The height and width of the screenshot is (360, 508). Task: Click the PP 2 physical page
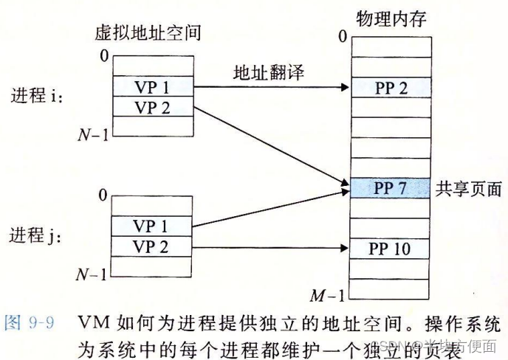[x=391, y=88]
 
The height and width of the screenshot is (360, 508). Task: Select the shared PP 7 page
[x=391, y=187]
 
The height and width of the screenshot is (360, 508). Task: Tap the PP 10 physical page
[x=391, y=248]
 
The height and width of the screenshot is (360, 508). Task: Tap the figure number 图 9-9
[x=30, y=323]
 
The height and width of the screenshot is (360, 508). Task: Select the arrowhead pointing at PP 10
[x=346, y=249]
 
